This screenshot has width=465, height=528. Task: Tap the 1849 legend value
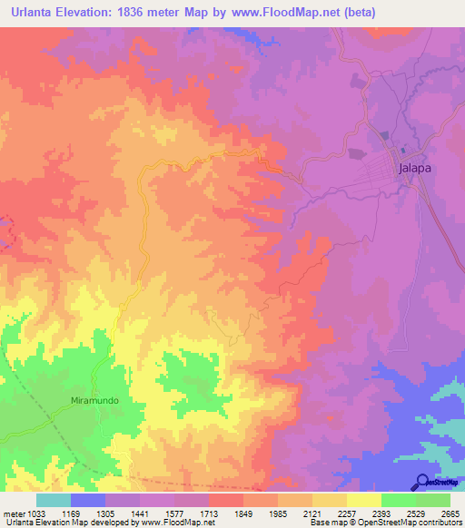(243, 513)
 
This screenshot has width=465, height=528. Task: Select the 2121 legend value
(312, 513)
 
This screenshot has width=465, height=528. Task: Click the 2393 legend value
(381, 513)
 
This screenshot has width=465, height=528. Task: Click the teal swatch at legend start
(54, 500)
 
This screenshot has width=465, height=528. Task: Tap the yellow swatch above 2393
(363, 500)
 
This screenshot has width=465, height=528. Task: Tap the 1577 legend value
(175, 513)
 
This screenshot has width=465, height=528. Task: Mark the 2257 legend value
(346, 513)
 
